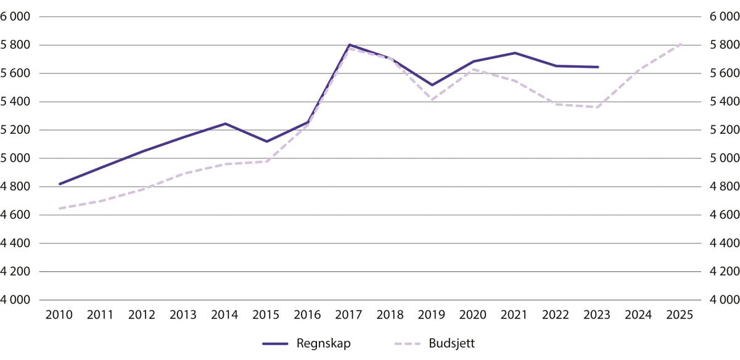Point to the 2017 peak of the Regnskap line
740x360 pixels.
coord(349,44)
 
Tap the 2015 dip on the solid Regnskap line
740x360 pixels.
coord(266,142)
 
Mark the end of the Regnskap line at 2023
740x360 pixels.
coord(598,67)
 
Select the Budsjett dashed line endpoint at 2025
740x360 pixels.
coord(680,44)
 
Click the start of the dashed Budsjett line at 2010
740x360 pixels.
coord(60,208)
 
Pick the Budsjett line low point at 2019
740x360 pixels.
coord(432,100)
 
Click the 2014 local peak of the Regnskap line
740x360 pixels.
coord(225,123)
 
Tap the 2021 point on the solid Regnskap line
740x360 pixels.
coord(515,53)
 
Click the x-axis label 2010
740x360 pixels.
coord(60,315)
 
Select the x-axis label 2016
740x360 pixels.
coord(308,315)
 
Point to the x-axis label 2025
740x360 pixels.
coord(680,315)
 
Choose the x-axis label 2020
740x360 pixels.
coord(473,315)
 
